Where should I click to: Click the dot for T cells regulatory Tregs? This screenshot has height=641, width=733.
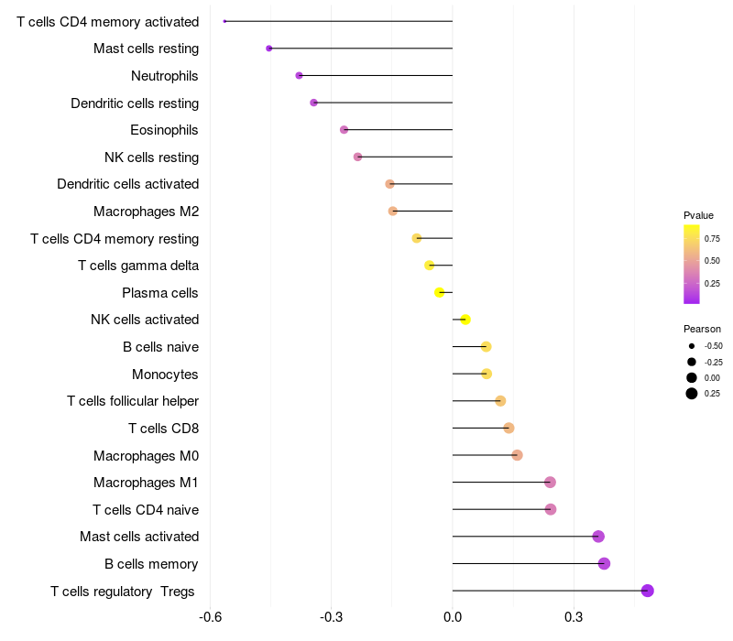(648, 591)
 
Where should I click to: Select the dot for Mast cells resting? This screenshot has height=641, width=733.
(268, 49)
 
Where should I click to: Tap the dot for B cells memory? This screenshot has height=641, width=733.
(604, 563)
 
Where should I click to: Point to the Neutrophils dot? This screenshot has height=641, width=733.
(299, 75)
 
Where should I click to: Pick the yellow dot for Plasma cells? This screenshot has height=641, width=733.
(440, 293)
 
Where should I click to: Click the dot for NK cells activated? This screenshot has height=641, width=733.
(465, 320)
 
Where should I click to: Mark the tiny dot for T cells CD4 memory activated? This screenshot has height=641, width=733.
(224, 21)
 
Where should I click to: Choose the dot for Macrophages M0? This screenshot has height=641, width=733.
(517, 455)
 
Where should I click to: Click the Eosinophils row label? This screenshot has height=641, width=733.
(164, 130)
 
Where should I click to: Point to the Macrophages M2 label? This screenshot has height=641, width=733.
(146, 212)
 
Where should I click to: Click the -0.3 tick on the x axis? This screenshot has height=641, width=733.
(331, 617)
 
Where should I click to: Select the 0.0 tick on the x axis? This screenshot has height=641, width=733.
(453, 617)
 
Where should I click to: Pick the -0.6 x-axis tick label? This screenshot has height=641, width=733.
(210, 617)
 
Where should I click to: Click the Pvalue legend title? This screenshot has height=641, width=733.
(698, 215)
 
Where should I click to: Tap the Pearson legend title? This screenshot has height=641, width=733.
(702, 329)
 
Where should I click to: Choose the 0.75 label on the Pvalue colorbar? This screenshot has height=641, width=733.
(712, 238)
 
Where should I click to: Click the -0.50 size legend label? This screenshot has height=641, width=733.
(713, 346)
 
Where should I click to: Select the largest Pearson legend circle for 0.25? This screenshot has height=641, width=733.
(691, 394)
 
